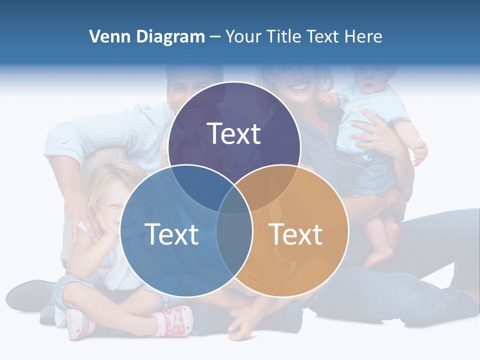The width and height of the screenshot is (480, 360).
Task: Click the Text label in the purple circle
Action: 234,134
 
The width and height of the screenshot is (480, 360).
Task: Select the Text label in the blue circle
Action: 171,234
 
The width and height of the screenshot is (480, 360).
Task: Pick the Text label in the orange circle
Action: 295,234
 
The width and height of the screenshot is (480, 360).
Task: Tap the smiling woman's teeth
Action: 298,86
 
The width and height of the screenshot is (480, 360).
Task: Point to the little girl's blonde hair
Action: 107,177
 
